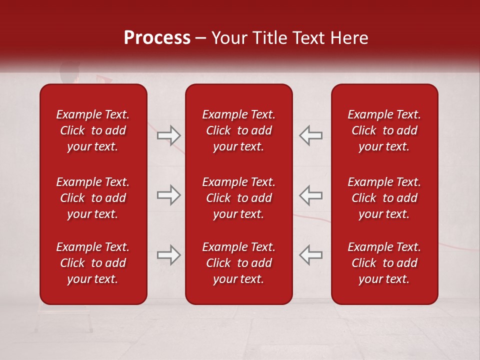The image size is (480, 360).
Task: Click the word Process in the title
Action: pos(157,37)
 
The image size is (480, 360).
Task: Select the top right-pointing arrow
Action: pos(168,135)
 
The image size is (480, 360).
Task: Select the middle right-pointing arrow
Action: pos(168,195)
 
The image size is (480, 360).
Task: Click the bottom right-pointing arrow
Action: pos(168,255)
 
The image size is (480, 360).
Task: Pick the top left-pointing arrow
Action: pos(311,135)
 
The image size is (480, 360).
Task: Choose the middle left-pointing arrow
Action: pos(311,195)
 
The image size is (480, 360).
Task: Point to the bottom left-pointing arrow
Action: pos(311,255)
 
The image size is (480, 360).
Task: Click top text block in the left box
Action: pos(93,130)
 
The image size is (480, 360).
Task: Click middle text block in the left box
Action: pos(93,198)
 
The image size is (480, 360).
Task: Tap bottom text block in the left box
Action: pos(93,263)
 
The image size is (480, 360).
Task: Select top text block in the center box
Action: pos(238,130)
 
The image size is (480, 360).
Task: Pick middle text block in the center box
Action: pos(238,198)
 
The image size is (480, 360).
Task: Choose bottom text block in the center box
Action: pos(238,263)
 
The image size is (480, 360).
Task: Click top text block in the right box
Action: pos(384,130)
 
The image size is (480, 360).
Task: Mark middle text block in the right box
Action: pos(384,198)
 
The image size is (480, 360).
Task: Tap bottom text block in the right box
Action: pos(384,263)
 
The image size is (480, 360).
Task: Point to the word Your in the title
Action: pos(228,37)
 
